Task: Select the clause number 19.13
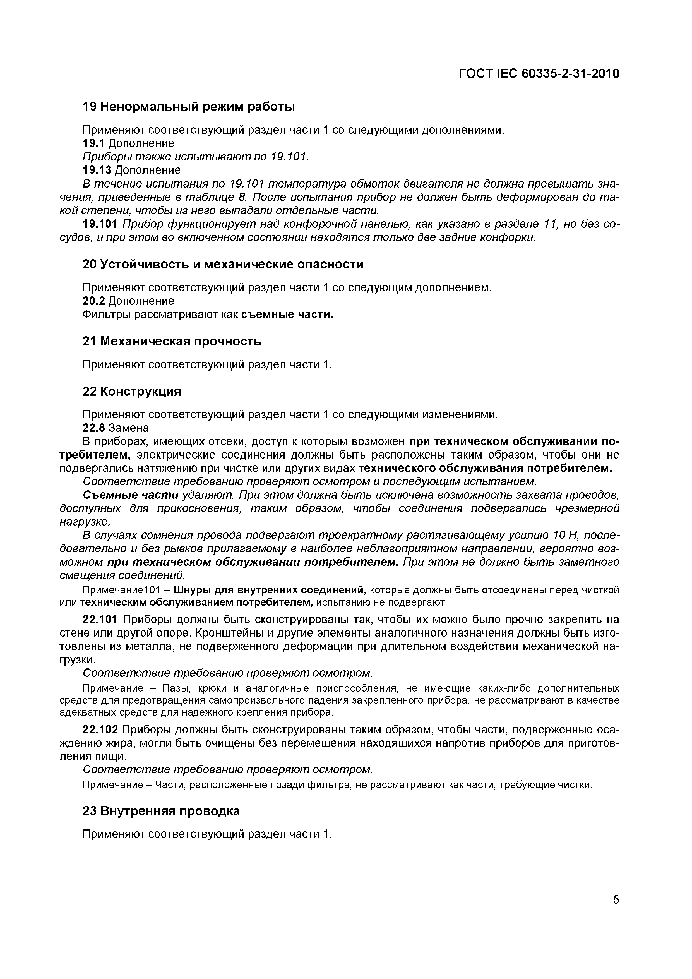pyautogui.click(x=97, y=170)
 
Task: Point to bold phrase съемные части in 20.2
pyautogui.click(x=287, y=315)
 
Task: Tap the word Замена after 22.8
pyautogui.click(x=129, y=427)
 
